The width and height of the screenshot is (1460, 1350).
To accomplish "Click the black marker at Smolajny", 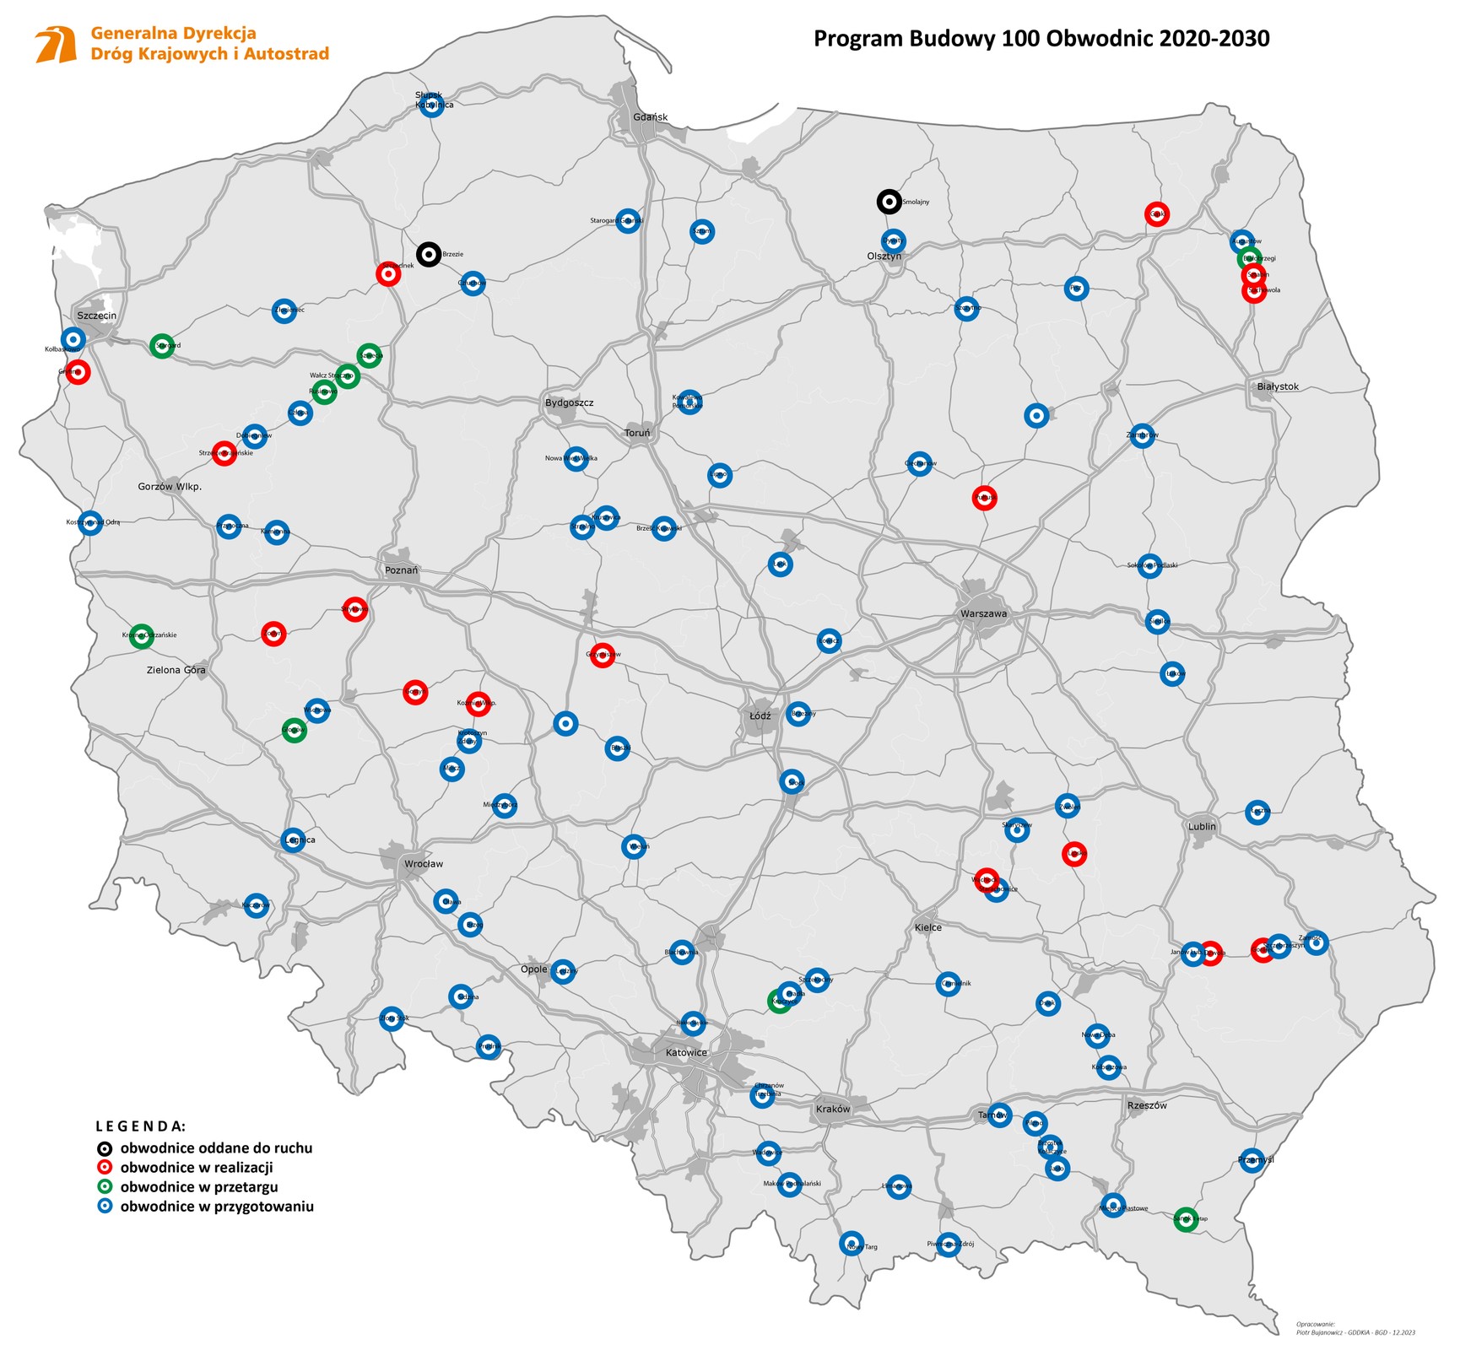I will click(x=889, y=202).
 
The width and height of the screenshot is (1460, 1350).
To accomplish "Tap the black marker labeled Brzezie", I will click(x=429, y=254).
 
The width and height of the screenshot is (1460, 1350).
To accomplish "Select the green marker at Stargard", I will click(x=162, y=345).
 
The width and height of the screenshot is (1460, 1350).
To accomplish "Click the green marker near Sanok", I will click(x=1186, y=1219).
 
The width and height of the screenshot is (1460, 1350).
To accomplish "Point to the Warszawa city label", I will click(x=983, y=613).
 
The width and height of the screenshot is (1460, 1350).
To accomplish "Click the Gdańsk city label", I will click(x=651, y=117).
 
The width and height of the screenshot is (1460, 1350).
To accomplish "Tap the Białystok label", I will click(x=1278, y=386).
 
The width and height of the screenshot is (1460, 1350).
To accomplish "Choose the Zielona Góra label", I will click(x=176, y=670).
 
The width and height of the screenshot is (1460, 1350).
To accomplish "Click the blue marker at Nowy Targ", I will click(x=852, y=1243).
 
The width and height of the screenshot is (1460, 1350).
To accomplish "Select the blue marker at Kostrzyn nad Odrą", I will click(x=90, y=523).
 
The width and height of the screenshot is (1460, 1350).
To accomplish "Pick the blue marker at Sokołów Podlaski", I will click(x=1149, y=565).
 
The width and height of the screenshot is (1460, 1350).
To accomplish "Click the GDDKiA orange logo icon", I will click(x=56, y=45).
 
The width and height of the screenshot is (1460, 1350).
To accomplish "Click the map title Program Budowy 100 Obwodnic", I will click(x=1041, y=39).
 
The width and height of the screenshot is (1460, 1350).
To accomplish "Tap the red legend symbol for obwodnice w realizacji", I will click(x=104, y=1168).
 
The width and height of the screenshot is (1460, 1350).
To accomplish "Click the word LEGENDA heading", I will click(x=140, y=1126).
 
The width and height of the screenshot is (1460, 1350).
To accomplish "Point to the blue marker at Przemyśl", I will click(x=1252, y=1160).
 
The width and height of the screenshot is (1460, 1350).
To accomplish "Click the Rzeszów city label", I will click(x=1147, y=1105).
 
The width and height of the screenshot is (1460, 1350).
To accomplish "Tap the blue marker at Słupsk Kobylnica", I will click(x=431, y=106).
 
